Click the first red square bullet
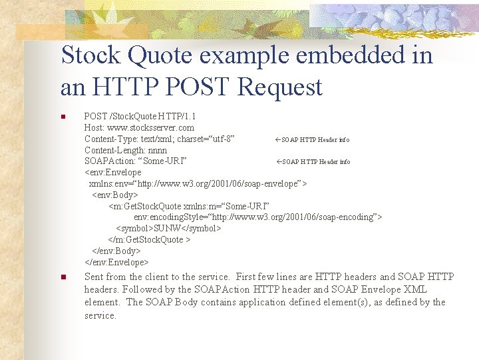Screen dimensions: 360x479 point(63,117)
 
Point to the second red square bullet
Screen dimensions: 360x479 point(63,277)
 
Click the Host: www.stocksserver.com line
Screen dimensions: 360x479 point(139,127)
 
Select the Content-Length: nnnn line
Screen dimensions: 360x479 point(126,150)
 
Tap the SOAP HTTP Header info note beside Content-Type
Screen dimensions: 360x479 point(313,139)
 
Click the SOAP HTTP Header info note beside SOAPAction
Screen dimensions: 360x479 point(313,162)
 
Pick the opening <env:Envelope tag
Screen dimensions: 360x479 point(112,173)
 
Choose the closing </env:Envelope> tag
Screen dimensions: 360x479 point(116,262)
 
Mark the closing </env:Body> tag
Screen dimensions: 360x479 point(116,251)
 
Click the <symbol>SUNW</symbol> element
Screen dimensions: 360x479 point(168,228)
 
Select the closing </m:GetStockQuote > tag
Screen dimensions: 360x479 point(149,239)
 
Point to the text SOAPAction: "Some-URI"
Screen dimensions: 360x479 point(135,161)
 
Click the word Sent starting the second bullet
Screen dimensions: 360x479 point(94,277)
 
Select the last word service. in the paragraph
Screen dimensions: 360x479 point(100,315)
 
